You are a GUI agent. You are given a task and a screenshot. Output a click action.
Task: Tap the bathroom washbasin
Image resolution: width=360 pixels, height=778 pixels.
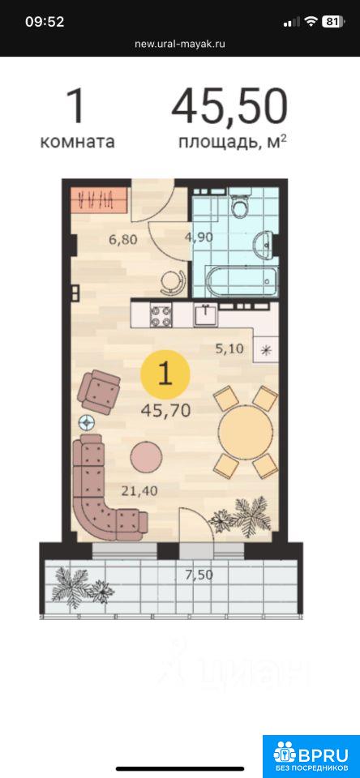click(264, 245)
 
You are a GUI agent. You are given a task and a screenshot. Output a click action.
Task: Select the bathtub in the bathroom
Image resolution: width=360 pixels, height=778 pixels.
click(242, 282)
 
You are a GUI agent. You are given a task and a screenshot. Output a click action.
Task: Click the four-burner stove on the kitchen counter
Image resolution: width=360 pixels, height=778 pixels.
click(161, 314)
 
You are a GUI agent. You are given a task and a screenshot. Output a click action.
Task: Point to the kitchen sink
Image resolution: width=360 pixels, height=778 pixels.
click(204, 314)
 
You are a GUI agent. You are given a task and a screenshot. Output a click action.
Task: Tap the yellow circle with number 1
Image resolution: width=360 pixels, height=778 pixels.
click(165, 375)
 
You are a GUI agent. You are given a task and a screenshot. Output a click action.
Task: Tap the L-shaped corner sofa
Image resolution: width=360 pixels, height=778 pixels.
click(99, 496)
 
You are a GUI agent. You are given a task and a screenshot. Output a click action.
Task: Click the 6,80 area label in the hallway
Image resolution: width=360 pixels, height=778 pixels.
click(122, 240)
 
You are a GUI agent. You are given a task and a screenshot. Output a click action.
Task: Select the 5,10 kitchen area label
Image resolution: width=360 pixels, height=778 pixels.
click(229, 348)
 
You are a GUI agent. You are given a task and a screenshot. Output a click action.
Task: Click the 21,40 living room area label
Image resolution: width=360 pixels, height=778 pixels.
click(139, 491)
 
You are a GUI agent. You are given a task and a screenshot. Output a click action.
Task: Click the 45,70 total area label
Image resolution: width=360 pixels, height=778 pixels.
click(166, 410)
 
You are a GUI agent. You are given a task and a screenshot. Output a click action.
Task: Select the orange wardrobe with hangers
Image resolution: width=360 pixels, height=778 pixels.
click(99, 199)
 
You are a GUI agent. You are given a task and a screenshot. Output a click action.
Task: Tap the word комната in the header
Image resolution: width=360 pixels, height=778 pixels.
click(77, 142)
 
